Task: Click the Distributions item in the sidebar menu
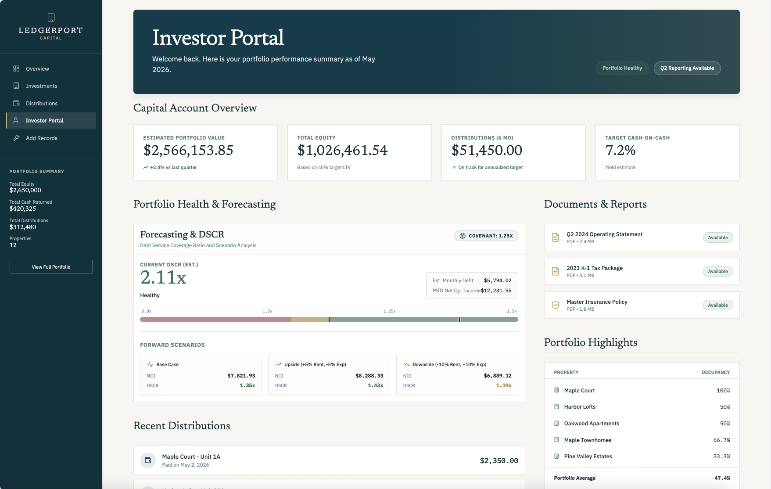point(42,104)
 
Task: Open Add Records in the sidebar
point(42,138)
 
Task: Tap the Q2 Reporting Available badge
point(687,68)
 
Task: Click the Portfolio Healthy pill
point(622,68)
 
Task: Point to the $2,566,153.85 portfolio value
point(188,151)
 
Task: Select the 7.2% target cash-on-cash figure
point(620,151)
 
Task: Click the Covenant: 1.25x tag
point(486,236)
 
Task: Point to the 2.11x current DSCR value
point(163,277)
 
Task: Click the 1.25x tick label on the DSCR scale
point(390,311)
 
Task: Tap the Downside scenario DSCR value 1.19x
point(504,385)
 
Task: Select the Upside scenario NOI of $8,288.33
point(369,376)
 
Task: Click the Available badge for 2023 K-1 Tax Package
point(718,271)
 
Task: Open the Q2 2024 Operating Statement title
point(604,234)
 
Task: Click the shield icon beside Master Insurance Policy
point(556,305)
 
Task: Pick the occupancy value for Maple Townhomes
point(722,440)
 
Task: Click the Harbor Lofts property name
point(580,407)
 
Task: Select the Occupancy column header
point(716,372)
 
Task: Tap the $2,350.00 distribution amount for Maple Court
point(499,460)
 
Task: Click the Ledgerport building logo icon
point(51,18)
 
